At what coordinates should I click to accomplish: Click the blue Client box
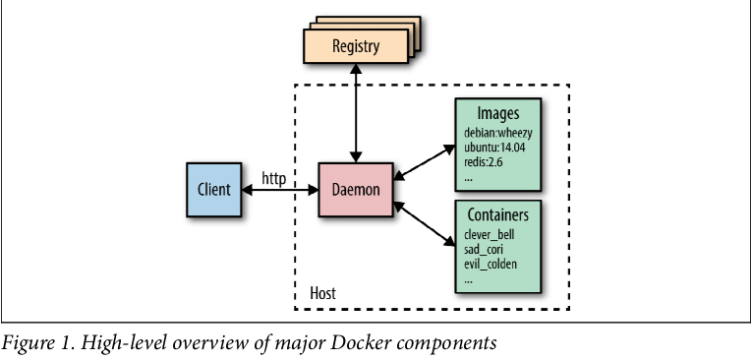(x=213, y=189)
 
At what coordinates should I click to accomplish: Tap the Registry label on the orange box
(x=356, y=46)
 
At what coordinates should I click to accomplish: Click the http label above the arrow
(x=274, y=178)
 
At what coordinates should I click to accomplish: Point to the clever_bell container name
(x=490, y=235)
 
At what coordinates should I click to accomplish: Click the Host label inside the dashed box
(x=322, y=294)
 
